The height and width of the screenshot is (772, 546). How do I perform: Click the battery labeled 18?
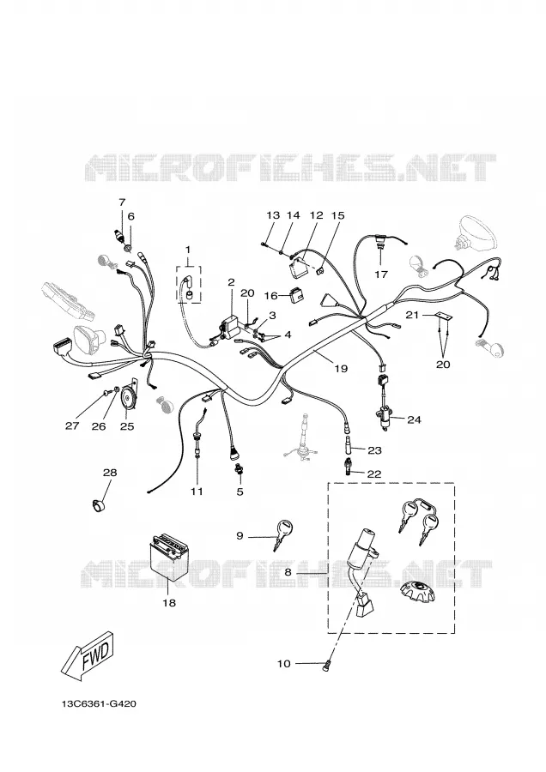pos(168,558)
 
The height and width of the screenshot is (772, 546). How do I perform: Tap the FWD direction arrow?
pos(88,654)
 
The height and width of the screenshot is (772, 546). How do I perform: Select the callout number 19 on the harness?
pos(341,368)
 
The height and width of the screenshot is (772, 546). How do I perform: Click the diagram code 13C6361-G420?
pos(99,703)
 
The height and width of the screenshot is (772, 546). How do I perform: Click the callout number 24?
pos(414,420)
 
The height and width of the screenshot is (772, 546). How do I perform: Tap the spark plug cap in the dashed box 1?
pos(188,290)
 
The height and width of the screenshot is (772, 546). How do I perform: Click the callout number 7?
pos(122,202)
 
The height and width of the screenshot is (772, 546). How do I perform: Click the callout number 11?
pos(197,491)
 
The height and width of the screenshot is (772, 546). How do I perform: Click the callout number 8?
pos(288,573)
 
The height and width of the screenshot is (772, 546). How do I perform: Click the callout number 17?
pos(381,274)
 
